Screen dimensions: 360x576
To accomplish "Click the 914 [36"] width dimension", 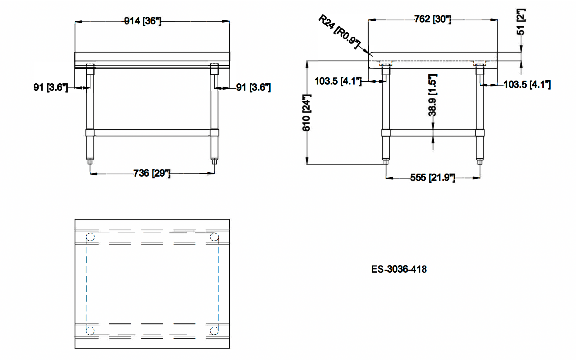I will click(143, 21).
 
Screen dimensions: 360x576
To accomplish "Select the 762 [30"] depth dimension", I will click(432, 19).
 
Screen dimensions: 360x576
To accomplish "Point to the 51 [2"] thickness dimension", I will click(521, 22).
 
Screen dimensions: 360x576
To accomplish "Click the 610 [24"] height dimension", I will click(306, 113).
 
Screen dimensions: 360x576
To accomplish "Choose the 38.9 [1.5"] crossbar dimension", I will click(432, 95).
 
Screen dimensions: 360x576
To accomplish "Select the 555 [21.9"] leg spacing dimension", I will click(432, 178).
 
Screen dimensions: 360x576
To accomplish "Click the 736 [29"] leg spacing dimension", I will click(152, 173).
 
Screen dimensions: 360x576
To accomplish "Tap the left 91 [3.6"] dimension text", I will click(50, 87).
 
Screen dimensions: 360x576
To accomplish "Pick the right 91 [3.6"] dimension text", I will click(253, 87).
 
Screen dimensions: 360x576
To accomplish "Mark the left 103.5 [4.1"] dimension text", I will click(338, 81).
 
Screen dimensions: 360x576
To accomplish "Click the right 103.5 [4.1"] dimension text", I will click(527, 84).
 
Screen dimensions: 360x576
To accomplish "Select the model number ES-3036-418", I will click(399, 269).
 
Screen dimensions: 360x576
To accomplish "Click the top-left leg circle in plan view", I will click(90, 237).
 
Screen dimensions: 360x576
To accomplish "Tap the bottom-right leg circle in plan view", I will click(214, 331).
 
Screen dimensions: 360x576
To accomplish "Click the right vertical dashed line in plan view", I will click(218, 284).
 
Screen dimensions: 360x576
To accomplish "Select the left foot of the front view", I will click(90, 161).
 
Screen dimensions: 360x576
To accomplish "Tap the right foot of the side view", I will click(480, 161).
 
